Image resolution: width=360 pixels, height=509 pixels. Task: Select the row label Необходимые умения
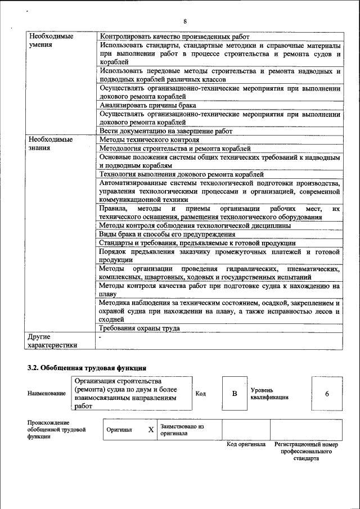coord(51,40)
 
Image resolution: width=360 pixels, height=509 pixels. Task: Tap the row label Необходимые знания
coord(51,143)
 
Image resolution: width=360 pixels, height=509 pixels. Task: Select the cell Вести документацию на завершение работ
coord(165,131)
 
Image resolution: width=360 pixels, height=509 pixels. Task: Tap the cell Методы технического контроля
coord(149,139)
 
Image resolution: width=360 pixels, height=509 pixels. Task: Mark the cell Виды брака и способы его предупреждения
coord(167,234)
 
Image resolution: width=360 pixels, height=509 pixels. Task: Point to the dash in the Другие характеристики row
coord(100,337)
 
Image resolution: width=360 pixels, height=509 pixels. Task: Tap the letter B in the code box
coord(235,394)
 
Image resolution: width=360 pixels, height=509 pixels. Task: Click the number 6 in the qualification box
coord(327,394)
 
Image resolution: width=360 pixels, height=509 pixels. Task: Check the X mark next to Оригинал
coord(150,430)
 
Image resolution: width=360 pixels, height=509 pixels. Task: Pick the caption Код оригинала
coord(246,444)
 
